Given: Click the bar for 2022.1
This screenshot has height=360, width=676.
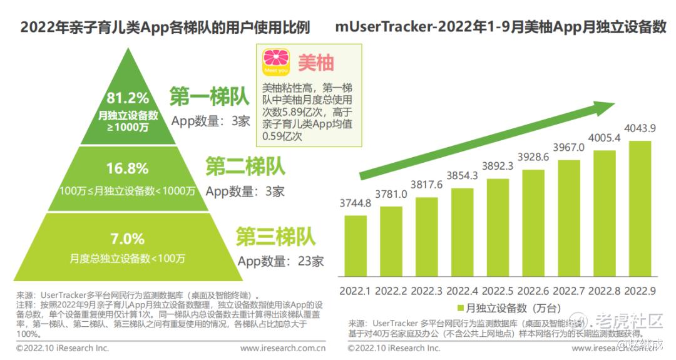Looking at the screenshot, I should [x=356, y=245].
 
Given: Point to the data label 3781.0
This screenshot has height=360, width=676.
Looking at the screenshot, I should [x=391, y=194].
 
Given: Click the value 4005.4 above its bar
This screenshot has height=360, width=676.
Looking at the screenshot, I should [x=604, y=138].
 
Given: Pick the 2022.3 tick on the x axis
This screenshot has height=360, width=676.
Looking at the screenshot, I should [x=426, y=291].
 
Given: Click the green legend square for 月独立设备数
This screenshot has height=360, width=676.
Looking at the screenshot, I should [x=461, y=308].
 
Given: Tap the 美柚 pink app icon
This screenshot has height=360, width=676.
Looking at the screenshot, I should [x=276, y=63].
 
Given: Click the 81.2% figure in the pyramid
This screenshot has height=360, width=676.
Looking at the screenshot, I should [x=128, y=98].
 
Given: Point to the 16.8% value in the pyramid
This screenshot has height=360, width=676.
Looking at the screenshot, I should [x=128, y=168].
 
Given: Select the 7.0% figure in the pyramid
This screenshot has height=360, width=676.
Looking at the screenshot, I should [x=128, y=239].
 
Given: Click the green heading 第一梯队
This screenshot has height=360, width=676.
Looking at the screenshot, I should [x=210, y=97].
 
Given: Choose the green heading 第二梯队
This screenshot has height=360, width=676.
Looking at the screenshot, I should [x=245, y=167].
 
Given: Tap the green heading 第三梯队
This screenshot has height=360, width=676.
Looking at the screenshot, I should [x=275, y=237].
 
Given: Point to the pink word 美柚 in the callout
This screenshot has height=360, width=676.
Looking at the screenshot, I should [x=315, y=63].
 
